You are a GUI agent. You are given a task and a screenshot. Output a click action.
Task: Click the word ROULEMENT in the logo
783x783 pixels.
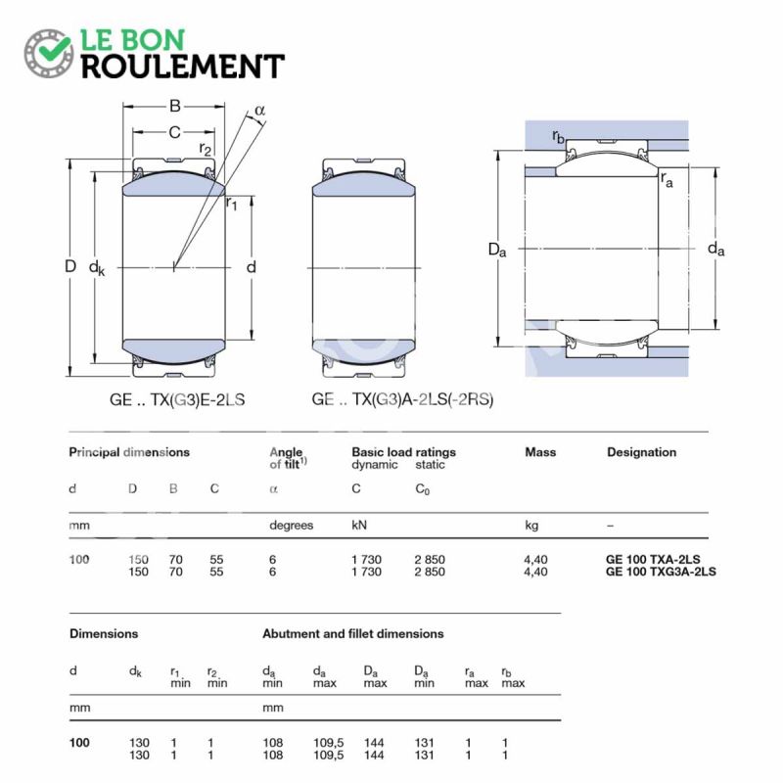click(x=182, y=66)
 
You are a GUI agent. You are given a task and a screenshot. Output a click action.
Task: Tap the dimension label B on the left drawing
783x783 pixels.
click(x=174, y=106)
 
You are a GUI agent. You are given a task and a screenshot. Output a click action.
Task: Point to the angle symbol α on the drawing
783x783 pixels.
click(x=259, y=110)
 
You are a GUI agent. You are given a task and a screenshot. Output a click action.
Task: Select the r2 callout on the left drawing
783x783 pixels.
click(x=205, y=148)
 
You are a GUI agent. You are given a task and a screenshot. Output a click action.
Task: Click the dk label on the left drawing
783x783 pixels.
click(x=97, y=267)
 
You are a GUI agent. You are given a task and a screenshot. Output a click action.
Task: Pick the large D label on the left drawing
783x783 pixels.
click(x=69, y=266)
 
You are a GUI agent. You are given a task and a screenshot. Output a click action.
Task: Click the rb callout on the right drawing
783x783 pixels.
click(x=558, y=135)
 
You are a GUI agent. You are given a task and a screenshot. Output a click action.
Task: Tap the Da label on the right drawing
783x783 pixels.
click(x=497, y=250)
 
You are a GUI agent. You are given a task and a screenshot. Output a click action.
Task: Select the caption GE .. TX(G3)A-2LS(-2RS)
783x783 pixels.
click(x=402, y=400)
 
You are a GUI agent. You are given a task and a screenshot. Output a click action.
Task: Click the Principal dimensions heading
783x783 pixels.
click(x=128, y=452)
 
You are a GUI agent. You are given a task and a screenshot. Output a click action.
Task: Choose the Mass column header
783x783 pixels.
click(x=540, y=452)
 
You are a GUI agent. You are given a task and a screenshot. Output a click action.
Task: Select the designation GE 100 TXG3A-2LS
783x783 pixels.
click(x=661, y=572)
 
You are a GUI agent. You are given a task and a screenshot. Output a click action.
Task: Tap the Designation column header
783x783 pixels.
click(x=641, y=452)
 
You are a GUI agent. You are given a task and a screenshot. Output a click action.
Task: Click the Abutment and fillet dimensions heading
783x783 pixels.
click(x=352, y=634)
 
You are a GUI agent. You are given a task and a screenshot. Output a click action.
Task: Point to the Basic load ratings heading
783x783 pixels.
click(x=403, y=452)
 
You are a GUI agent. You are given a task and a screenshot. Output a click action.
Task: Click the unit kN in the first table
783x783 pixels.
click(x=360, y=526)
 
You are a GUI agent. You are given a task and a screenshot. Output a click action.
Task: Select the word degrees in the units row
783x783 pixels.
click(x=291, y=526)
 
